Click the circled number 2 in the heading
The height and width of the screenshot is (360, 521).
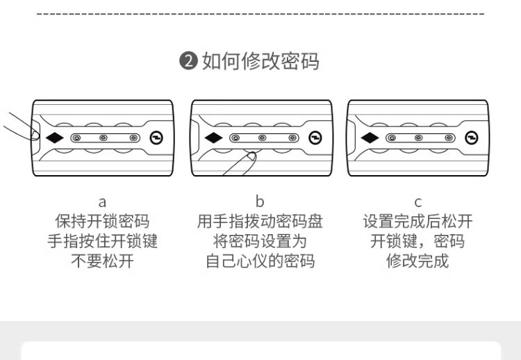click(x=190, y=62)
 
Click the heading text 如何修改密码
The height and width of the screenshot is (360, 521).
click(x=260, y=61)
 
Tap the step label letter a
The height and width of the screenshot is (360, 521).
click(x=102, y=202)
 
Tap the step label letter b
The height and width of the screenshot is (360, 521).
click(x=260, y=202)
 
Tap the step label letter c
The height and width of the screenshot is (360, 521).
click(x=417, y=202)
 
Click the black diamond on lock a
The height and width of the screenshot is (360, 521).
click(x=55, y=138)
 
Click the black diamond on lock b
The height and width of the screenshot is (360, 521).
click(x=214, y=138)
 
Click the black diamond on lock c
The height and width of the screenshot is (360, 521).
click(x=370, y=138)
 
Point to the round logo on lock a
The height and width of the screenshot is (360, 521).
click(x=158, y=138)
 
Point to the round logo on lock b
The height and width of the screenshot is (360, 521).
click(x=316, y=138)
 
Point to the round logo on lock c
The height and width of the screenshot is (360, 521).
click(x=472, y=138)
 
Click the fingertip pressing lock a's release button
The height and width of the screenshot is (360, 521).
click(x=32, y=133)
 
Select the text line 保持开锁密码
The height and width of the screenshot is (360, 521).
click(x=102, y=222)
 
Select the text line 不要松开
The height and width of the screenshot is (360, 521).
click(x=102, y=261)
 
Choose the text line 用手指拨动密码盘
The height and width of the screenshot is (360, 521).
click(x=260, y=222)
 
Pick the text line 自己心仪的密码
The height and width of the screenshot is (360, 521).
click(x=260, y=261)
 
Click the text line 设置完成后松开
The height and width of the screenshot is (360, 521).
click(x=417, y=222)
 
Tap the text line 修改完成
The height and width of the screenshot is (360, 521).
click(x=417, y=261)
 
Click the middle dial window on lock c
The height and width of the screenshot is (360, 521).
click(x=418, y=138)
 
